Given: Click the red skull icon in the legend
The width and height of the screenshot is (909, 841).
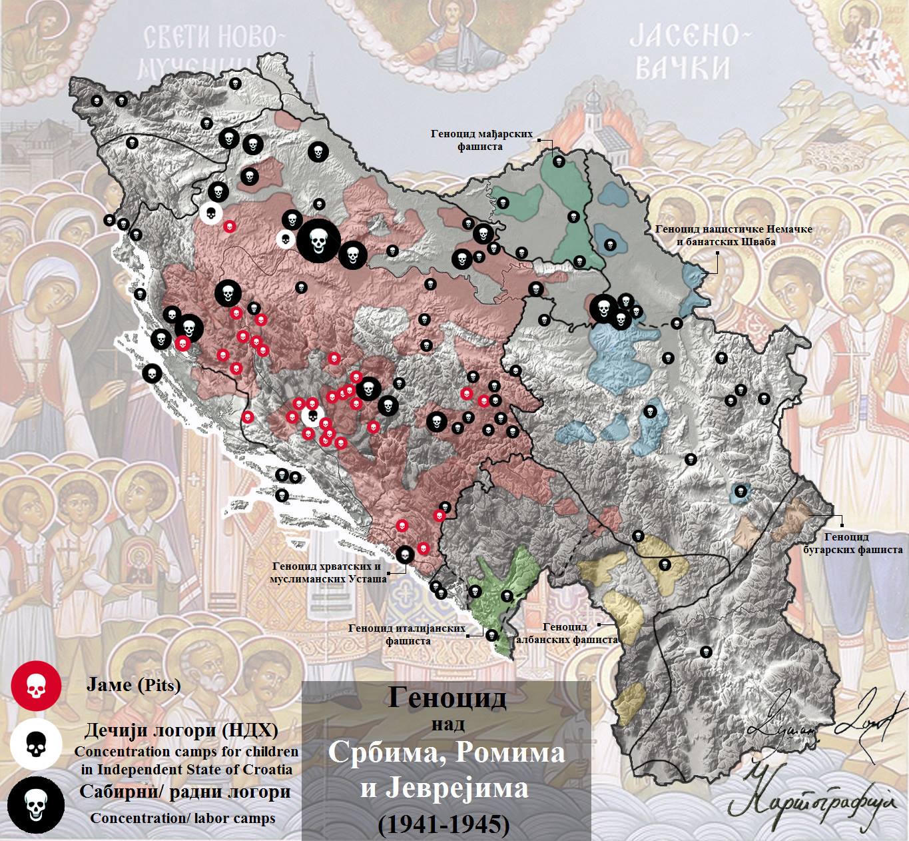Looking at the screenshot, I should (36, 686).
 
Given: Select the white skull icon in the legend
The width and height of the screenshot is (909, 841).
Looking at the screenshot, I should (36, 744).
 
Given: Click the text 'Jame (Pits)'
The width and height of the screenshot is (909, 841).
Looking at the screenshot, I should (133, 685).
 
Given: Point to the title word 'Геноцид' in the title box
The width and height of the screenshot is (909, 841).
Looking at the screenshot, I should (447, 698).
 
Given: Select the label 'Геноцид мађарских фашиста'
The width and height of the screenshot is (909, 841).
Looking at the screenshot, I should (481, 140).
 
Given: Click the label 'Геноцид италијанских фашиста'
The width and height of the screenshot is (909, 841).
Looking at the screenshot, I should (407, 634).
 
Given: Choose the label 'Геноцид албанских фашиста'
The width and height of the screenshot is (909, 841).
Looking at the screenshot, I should (567, 633).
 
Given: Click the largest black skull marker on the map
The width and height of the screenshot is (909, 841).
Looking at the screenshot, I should (318, 241).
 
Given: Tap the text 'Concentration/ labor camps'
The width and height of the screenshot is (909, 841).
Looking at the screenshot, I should (182, 818).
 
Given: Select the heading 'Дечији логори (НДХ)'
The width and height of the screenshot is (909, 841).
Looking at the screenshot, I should (178, 731).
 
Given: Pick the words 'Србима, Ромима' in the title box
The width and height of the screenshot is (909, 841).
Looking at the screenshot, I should (446, 753).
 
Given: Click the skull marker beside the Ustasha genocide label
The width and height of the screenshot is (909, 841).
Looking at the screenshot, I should (404, 554).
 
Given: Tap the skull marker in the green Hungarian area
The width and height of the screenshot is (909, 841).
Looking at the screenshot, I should (559, 161).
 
